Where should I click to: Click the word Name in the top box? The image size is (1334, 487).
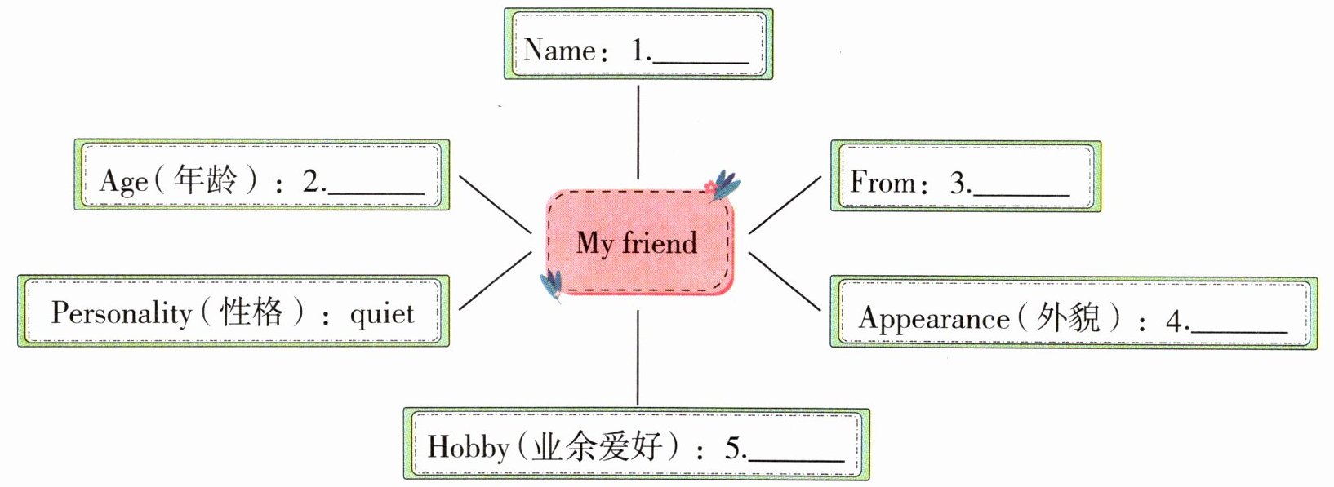(559, 50)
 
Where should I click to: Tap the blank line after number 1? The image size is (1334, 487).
(701, 62)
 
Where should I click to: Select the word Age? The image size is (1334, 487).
(123, 181)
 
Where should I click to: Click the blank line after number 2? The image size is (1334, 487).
(376, 193)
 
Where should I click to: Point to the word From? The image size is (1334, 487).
(883, 182)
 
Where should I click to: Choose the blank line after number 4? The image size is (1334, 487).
(1238, 330)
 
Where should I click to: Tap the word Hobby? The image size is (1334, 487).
(469, 447)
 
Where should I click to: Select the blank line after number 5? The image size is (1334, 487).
(796, 460)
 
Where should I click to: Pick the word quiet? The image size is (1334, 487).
(382, 314)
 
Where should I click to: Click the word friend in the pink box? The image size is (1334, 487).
(660, 242)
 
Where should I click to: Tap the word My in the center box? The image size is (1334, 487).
(594, 244)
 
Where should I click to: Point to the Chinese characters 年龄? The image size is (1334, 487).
(205, 179)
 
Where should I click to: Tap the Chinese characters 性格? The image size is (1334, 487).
(251, 312)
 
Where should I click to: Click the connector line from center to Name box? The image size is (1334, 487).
(638, 132)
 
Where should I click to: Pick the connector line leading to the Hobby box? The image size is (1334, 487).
(638, 358)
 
